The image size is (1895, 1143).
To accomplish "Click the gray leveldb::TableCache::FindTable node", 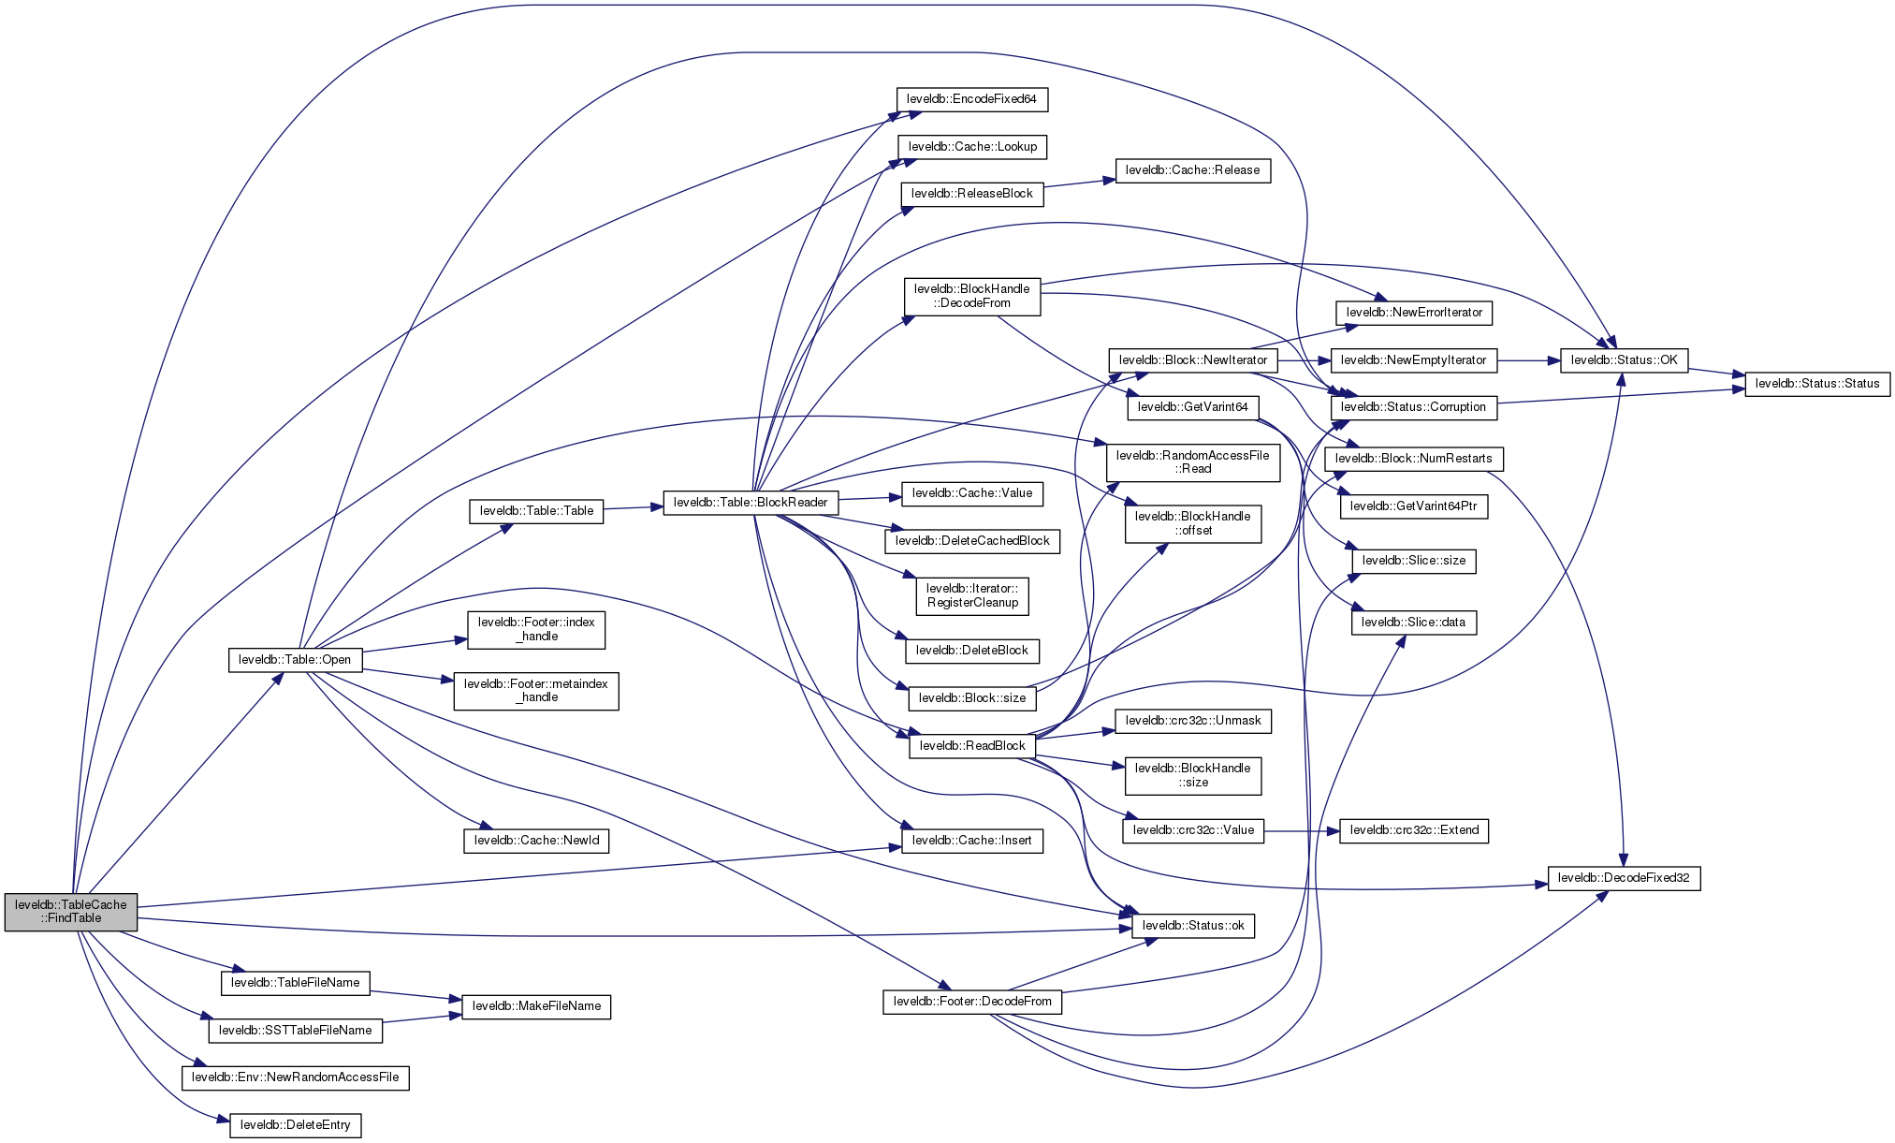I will coord(71,912).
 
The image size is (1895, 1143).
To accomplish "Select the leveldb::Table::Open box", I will coord(295,660).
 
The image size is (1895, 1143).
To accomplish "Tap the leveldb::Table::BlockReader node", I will coord(751,503).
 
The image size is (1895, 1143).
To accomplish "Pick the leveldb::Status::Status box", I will coord(1816,384).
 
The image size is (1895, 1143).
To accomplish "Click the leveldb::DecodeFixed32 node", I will coord(1624,878).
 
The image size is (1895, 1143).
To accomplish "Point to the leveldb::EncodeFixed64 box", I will coord(971,99).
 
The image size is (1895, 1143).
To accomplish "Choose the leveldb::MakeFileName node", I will coord(536,1006).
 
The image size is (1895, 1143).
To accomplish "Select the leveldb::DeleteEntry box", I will coord(295,1125).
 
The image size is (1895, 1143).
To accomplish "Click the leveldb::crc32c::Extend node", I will coord(1414,830).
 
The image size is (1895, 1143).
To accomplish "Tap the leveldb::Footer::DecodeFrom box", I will coord(972,1002).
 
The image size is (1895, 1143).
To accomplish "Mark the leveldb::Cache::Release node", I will coord(1192,170).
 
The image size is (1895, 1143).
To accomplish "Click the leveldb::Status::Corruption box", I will coord(1413,407).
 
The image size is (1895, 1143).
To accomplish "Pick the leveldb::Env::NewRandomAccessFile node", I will coord(295,1077).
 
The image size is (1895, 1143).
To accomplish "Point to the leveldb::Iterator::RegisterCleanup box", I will coord(972,596).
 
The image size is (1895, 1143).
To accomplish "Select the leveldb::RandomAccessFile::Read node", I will coord(1192,462).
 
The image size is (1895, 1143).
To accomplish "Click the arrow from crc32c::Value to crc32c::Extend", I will coord(1301,830).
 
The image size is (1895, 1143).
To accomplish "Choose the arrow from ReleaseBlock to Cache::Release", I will coord(1078,182).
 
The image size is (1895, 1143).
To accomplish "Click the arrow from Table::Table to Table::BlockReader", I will coord(633,507).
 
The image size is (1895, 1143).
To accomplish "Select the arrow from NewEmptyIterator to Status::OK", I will coord(1528,360).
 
